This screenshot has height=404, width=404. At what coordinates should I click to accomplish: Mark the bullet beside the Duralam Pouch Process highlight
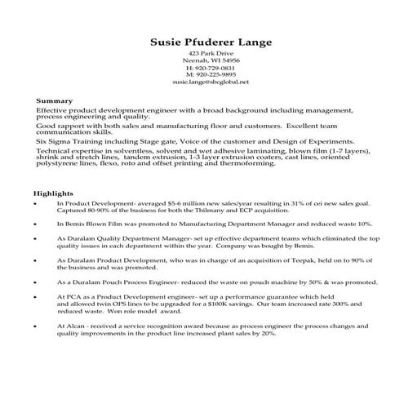click(x=36, y=282)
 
